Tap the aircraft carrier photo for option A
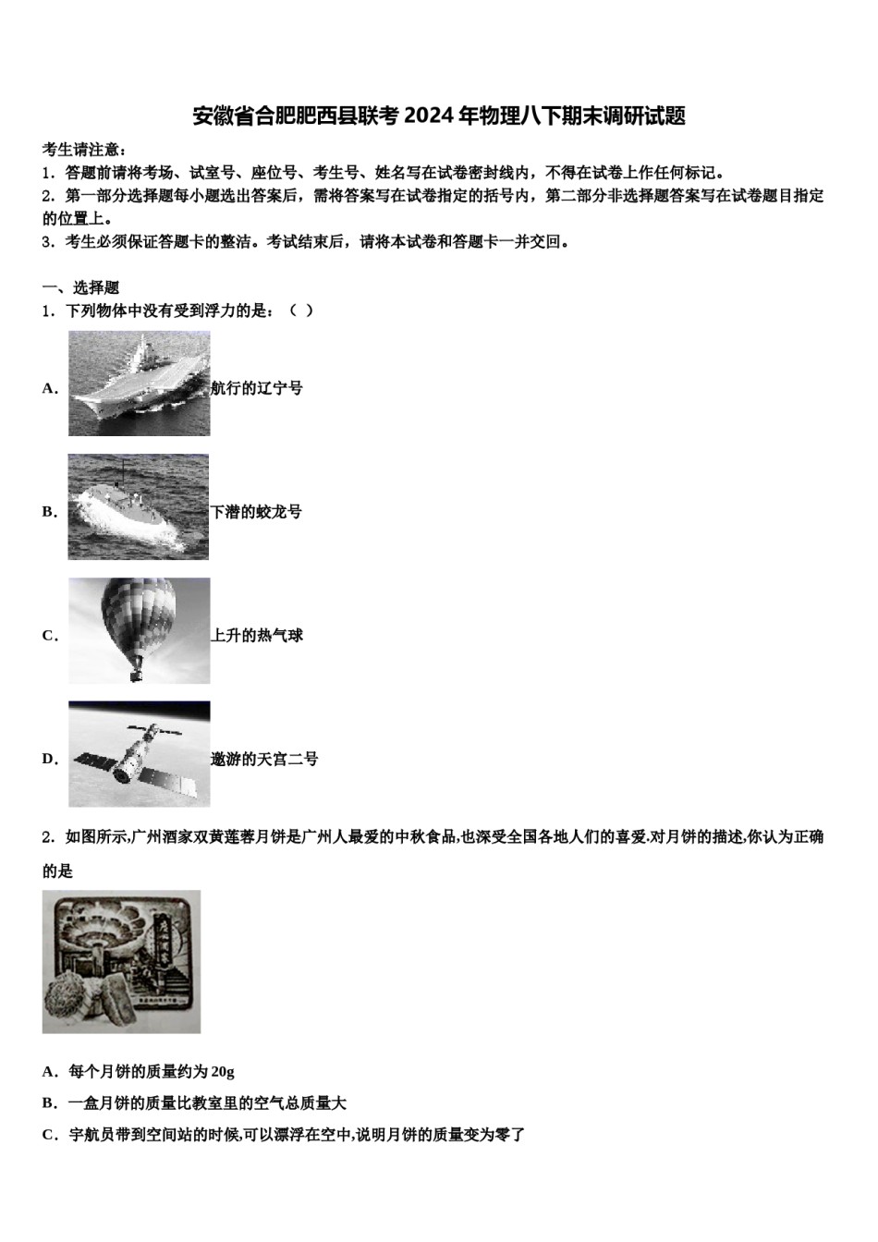pyautogui.click(x=139, y=384)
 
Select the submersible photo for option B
pyautogui.click(x=138, y=507)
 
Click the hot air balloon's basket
pyautogui.click(x=136, y=671)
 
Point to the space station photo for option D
pyautogui.click(x=139, y=754)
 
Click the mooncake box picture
pyautogui.click(x=121, y=961)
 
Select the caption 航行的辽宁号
pyautogui.click(x=257, y=388)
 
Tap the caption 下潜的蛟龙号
pyautogui.click(x=257, y=512)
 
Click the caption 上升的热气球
pyautogui.click(x=257, y=636)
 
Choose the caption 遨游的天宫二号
pyautogui.click(x=264, y=760)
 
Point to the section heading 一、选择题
pyautogui.click(x=80, y=287)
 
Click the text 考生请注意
pyautogui.click(x=81, y=150)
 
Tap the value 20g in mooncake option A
pyautogui.click(x=223, y=1072)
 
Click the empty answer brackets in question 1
pyautogui.click(x=301, y=310)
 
